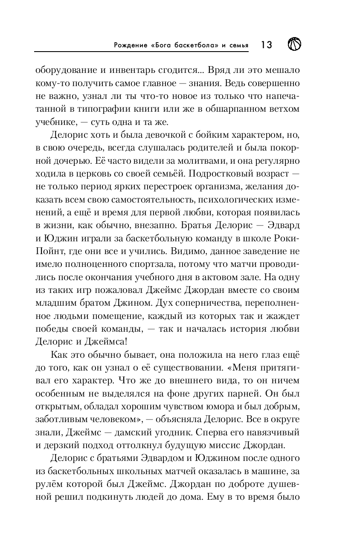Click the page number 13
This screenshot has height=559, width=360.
pos(266,45)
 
